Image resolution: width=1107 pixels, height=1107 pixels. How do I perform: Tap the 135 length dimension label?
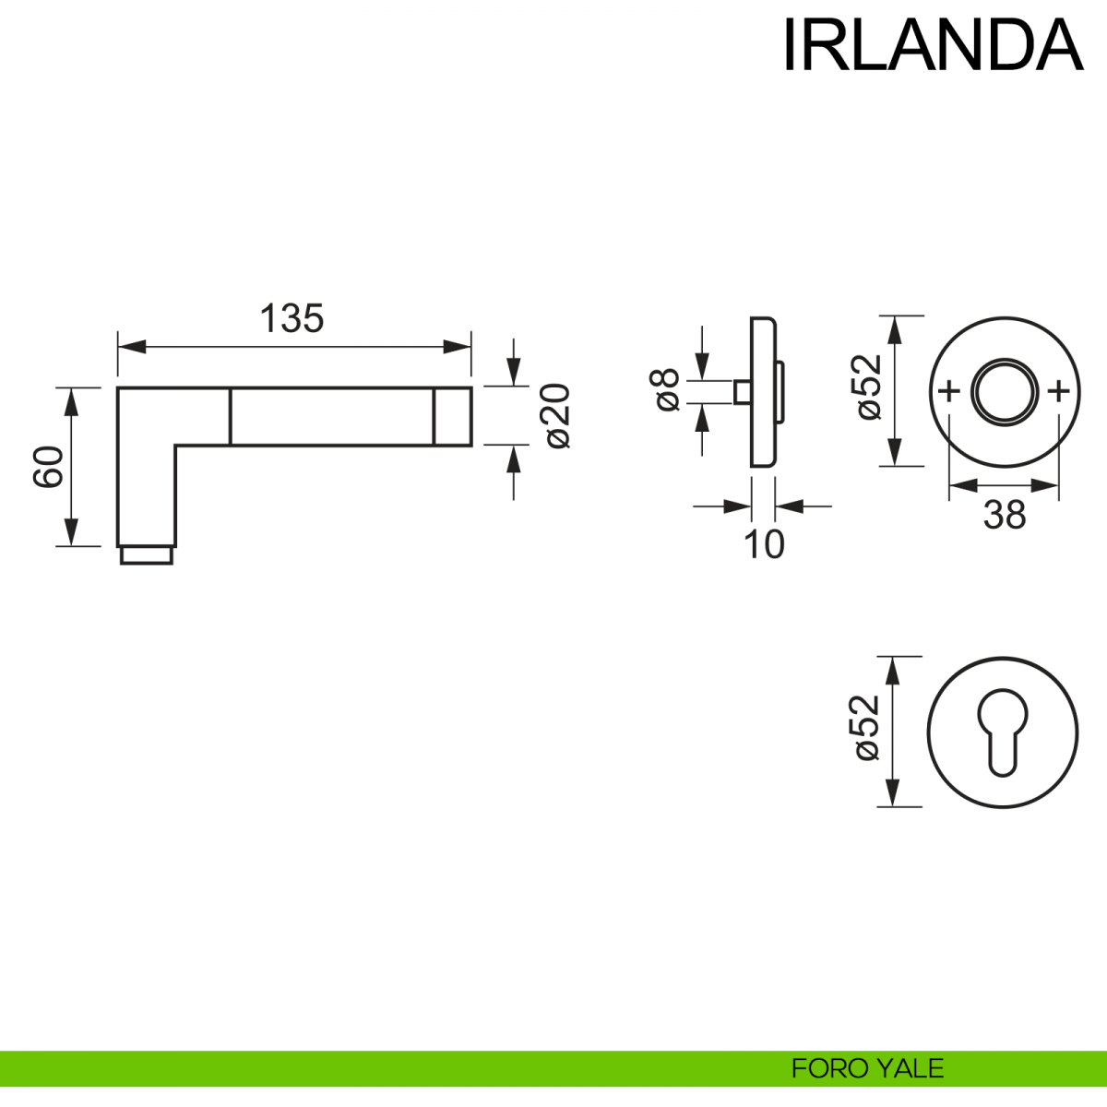click(x=292, y=318)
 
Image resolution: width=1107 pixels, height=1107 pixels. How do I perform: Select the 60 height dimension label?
click(x=48, y=466)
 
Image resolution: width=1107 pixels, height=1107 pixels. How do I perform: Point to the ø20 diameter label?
click(x=558, y=416)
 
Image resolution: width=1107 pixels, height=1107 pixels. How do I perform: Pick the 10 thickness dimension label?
click(x=764, y=545)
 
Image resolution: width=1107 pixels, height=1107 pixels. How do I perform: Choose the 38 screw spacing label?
click(x=1004, y=515)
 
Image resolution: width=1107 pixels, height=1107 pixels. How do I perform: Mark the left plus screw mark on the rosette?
click(x=948, y=392)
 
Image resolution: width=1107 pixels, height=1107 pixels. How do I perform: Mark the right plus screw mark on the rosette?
click(x=1059, y=392)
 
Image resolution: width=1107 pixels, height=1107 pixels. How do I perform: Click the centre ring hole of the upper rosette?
click(x=1004, y=392)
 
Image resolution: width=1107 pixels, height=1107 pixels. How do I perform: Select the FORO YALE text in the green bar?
click(x=867, y=1068)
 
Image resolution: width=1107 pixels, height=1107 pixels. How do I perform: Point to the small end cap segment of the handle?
click(x=452, y=417)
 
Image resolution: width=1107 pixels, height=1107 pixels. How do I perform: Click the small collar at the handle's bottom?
click(x=146, y=555)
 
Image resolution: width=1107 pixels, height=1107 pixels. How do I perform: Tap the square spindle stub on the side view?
click(x=741, y=391)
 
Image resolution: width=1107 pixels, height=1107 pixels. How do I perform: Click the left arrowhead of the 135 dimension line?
click(x=129, y=347)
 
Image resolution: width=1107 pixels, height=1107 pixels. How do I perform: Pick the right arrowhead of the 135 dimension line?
click(x=458, y=347)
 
